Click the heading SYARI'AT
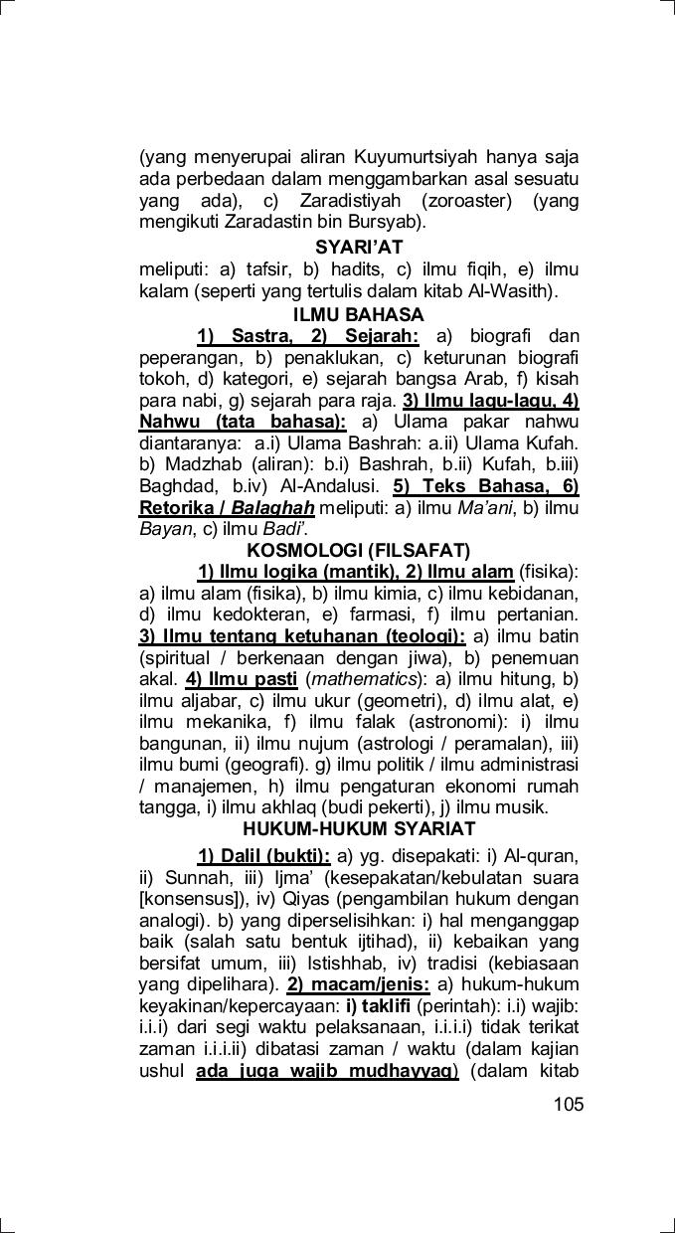click(359, 248)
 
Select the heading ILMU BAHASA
click(358, 315)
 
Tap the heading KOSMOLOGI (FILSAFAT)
click(358, 550)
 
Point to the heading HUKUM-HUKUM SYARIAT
click(359, 828)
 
